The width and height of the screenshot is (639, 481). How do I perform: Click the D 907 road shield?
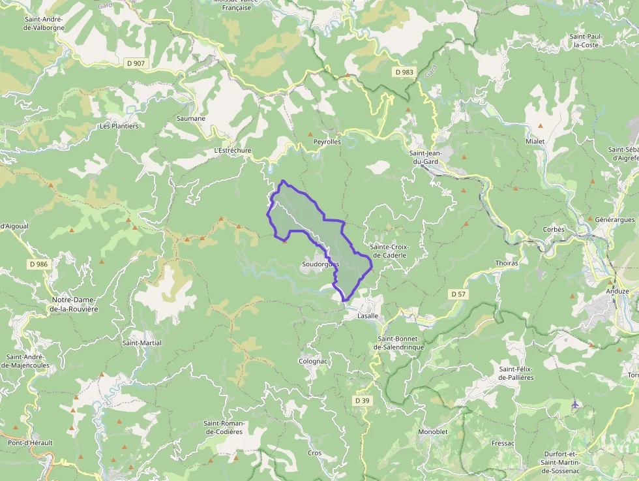tap(136, 63)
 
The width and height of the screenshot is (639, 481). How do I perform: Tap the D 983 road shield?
tap(404, 72)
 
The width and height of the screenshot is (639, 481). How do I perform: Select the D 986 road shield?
tap(38, 264)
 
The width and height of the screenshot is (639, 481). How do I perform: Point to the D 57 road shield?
tap(459, 294)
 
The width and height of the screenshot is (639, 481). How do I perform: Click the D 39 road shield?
tap(363, 400)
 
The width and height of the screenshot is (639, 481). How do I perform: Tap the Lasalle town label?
tap(368, 315)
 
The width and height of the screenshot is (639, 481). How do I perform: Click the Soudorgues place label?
tap(320, 264)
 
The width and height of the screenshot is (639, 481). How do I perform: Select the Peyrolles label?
tap(327, 142)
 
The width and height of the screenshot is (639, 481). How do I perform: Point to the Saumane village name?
tap(191, 119)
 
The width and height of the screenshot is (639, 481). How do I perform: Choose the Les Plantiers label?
tap(119, 126)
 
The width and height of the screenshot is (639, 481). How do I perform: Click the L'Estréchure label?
tap(233, 150)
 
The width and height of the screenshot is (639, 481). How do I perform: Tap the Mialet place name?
tap(535, 142)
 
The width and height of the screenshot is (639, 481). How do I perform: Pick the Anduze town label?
tap(617, 291)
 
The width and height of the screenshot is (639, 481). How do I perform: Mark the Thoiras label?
tap(507, 264)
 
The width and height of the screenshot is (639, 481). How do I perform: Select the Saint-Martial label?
tap(142, 343)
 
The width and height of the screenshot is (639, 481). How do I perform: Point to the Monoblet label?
tap(432, 432)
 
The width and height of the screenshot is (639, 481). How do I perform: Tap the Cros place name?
tap(315, 453)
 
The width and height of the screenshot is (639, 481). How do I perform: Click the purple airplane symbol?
tap(575, 405)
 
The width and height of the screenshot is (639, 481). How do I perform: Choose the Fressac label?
tap(503, 443)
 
